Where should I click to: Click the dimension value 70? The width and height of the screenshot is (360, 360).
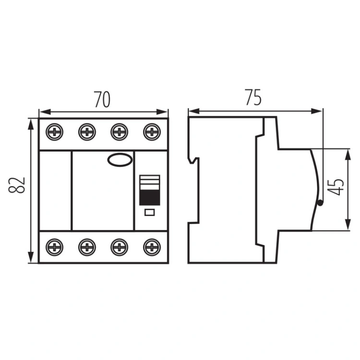click(102, 99)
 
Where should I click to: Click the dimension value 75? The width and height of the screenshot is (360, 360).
click(253, 97)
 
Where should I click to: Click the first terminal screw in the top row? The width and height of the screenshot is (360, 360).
click(56, 132)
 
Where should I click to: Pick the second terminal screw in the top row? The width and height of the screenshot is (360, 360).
click(87, 132)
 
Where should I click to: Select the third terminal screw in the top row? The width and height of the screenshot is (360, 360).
click(119, 132)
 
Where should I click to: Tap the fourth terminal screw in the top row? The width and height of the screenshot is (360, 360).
click(151, 132)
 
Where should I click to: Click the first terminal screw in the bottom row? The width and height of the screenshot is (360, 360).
click(56, 247)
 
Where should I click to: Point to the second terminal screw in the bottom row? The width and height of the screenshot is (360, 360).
click(87, 247)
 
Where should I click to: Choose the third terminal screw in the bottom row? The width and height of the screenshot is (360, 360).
click(119, 247)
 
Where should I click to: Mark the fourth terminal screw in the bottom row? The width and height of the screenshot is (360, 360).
click(151, 247)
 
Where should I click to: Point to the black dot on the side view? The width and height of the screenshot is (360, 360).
click(320, 204)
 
